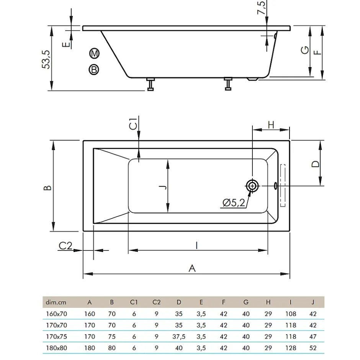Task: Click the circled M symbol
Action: [x=94, y=54]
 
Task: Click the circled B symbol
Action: [x=94, y=69]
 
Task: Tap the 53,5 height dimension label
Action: [x=46, y=59]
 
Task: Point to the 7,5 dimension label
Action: [x=261, y=8]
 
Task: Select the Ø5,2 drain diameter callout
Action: [x=234, y=203]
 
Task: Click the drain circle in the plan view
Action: [x=252, y=186]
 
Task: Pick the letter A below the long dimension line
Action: [x=192, y=268]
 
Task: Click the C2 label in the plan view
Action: [x=65, y=245]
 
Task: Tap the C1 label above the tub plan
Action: [x=133, y=124]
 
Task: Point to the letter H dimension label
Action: [x=271, y=125]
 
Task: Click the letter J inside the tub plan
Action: [x=162, y=187]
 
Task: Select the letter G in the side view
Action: [x=305, y=50]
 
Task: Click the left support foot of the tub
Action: [x=151, y=84]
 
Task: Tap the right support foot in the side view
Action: [x=228, y=84]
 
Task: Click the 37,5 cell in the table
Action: [x=179, y=337]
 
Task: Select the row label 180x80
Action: [x=56, y=348]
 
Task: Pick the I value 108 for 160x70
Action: [x=291, y=314]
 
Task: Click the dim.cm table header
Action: [x=56, y=302]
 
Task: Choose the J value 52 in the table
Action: [x=313, y=348]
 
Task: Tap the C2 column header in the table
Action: [x=156, y=302]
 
